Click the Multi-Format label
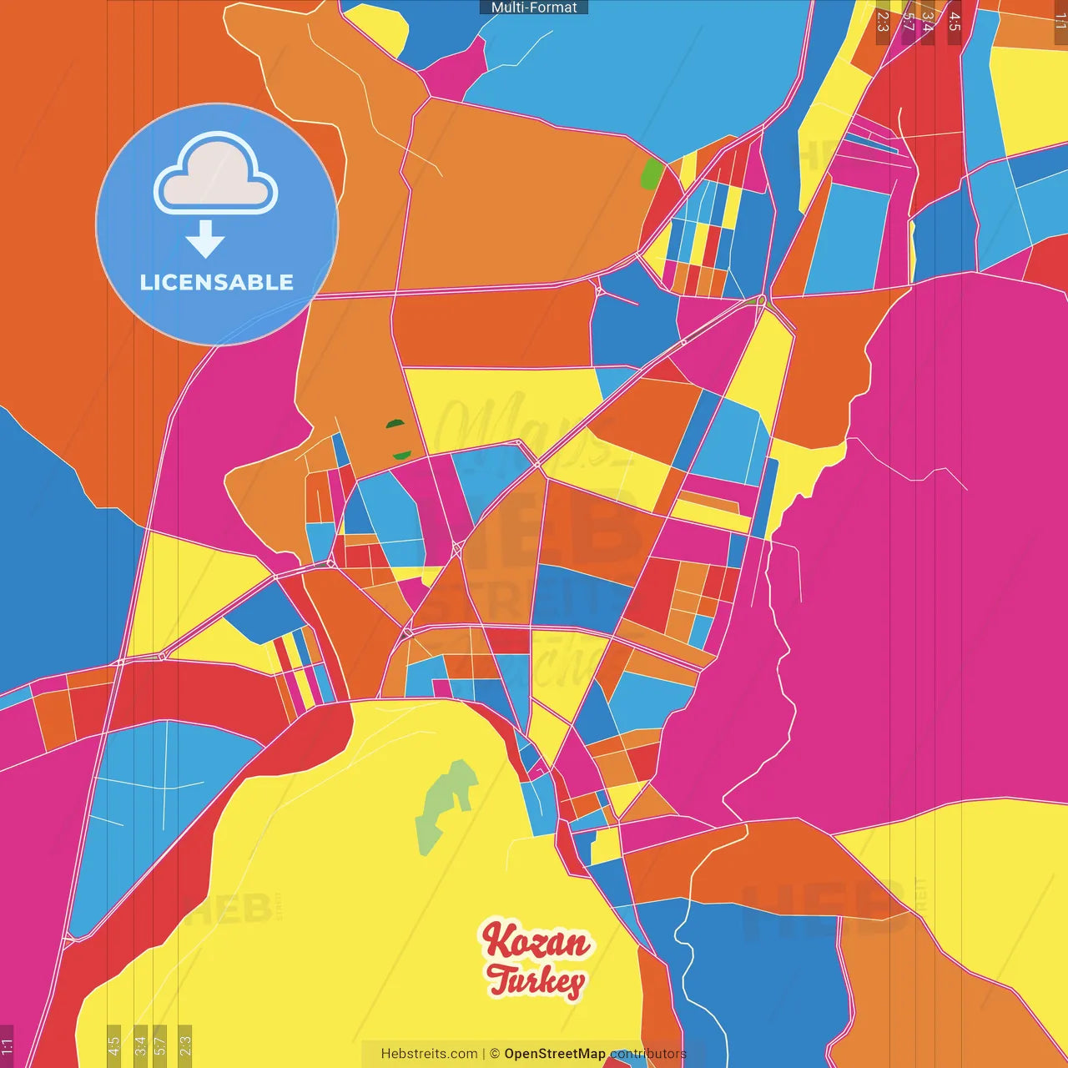pos(534,8)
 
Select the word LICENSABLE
pos(217,282)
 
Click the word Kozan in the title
pos(536,943)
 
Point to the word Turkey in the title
pos(536,981)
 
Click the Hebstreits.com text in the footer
pos(429,1054)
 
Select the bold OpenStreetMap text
pos(555,1054)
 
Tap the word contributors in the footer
pos(647,1054)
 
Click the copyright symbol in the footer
pos(495,1054)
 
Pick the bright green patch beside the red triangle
pos(651,174)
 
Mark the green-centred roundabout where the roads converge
pos(761,300)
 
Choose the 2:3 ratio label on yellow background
pos(185,1044)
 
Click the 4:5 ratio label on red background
pos(955,22)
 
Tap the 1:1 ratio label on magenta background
pos(7,1046)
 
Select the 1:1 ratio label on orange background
pos(1060,22)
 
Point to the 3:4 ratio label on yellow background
pos(140,1044)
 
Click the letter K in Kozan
pos(497,941)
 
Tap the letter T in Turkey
pos(501,978)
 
